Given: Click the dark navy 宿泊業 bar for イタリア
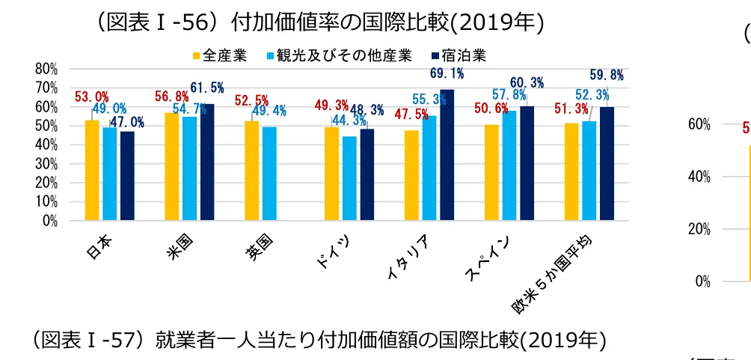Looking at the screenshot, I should (447, 155).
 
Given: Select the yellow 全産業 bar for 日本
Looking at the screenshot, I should (91, 170).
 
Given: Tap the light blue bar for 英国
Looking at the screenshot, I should (269, 174).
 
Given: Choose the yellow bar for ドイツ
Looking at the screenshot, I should (331, 174).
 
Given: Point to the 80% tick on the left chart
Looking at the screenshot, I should (46, 68).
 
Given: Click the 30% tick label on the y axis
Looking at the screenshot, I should (46, 164).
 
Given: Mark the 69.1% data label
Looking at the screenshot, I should (447, 73).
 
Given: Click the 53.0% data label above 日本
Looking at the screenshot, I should (91, 97).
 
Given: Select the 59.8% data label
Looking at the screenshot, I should (607, 75).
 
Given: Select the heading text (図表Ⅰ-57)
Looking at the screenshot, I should (88, 341).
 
